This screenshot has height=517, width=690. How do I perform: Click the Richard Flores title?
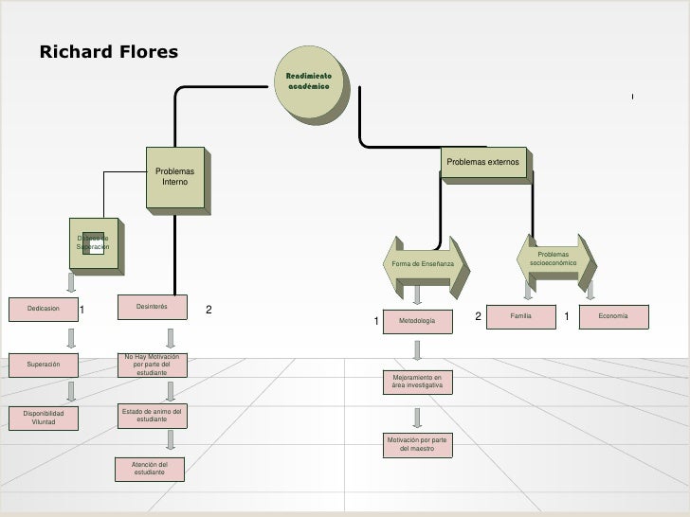tap(108, 51)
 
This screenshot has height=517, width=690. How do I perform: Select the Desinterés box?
tap(152, 307)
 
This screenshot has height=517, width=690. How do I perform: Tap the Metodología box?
tap(417, 323)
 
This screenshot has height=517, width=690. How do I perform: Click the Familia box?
tap(520, 314)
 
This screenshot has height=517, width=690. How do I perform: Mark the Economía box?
tap(613, 314)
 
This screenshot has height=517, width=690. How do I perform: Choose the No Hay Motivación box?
tap(151, 365)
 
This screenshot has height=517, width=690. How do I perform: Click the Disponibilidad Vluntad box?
tap(43, 418)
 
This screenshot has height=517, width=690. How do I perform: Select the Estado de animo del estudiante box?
tap(152, 415)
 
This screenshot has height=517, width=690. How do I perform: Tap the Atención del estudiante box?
tap(152, 468)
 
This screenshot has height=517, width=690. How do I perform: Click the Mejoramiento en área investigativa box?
tap(417, 382)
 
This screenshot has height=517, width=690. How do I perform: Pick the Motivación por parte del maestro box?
tap(417, 444)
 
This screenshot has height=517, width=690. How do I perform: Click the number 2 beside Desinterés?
tap(209, 310)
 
